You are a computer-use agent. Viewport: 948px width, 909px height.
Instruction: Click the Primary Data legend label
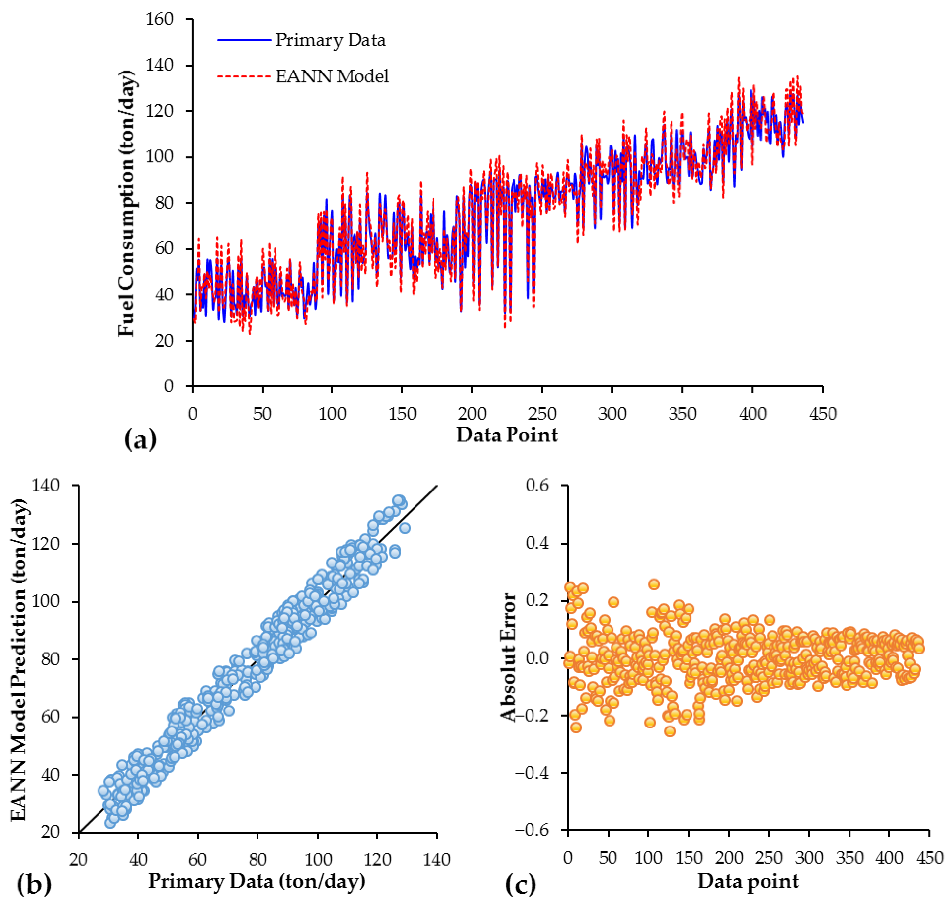click(x=330, y=40)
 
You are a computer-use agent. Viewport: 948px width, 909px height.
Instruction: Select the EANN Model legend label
click(x=332, y=76)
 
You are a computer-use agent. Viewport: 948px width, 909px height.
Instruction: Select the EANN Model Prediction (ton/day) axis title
click(x=19, y=659)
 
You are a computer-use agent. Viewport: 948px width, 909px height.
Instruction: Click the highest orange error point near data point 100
click(x=654, y=584)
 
